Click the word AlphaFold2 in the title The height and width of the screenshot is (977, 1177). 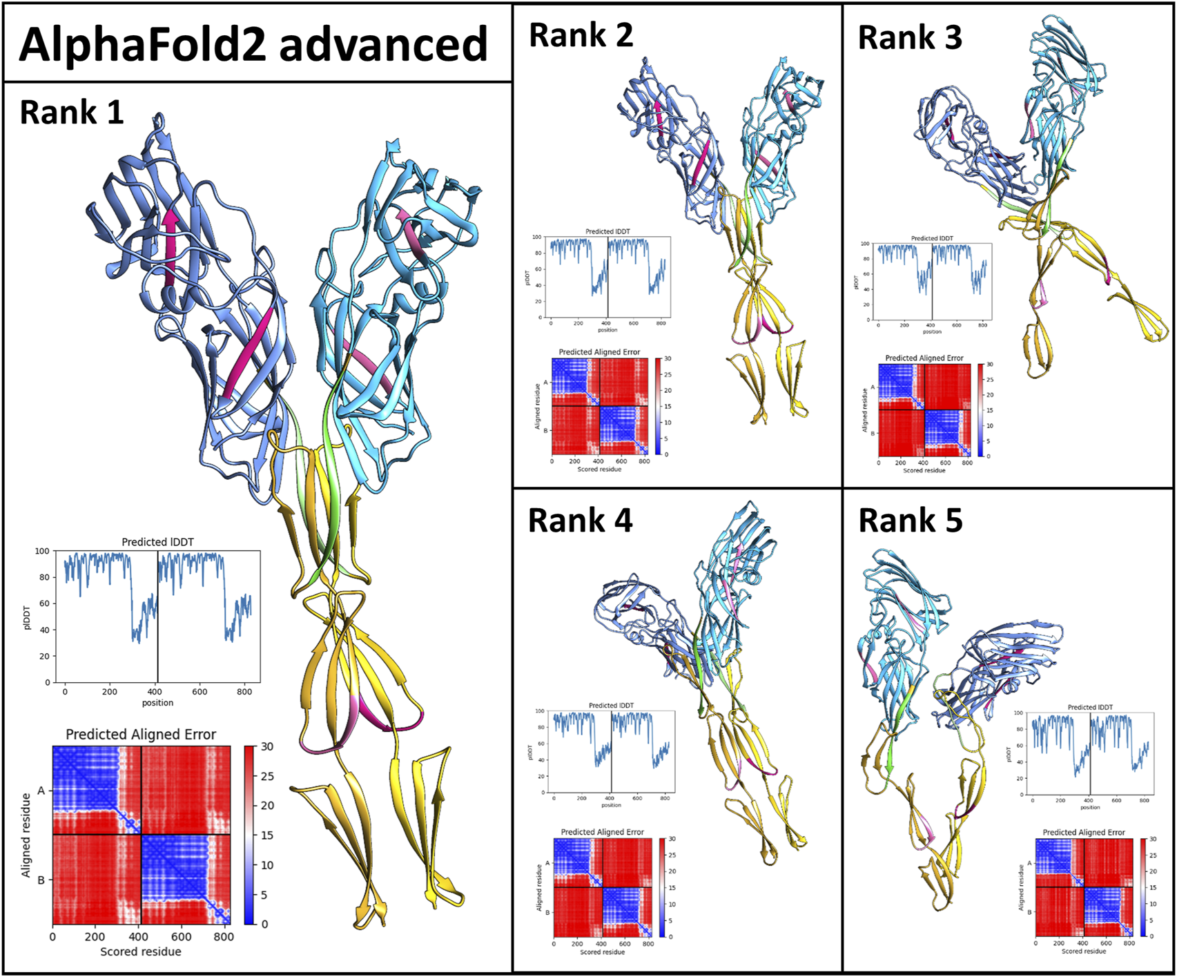coord(141,43)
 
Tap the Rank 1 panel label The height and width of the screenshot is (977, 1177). coord(72,112)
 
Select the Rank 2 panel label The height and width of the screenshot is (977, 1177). coord(581,35)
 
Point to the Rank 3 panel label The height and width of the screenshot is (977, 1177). coord(910,37)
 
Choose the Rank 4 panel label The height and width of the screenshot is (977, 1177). coord(580,520)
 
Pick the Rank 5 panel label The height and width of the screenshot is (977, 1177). coord(910,520)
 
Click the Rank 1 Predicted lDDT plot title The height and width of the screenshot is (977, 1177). coord(157,542)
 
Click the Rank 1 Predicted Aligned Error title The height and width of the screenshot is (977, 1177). coord(141,734)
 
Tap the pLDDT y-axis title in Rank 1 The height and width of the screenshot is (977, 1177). coord(27,617)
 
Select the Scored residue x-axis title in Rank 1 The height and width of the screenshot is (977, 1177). coord(141,951)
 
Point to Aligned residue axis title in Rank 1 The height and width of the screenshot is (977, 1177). coord(26,835)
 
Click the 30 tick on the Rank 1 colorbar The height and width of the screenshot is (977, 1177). coord(267,746)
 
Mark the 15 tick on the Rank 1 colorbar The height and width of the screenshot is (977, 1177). coord(266,835)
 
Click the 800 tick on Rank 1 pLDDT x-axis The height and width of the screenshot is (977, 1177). coord(244,691)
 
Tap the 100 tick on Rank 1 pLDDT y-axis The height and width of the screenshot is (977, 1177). coord(42,551)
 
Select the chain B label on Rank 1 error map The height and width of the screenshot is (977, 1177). coord(41,880)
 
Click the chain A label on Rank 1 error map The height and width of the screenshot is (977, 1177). coord(41,791)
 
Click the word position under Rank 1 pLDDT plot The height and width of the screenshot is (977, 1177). coord(157,703)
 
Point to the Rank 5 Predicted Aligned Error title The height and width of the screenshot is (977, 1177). coord(1083,833)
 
